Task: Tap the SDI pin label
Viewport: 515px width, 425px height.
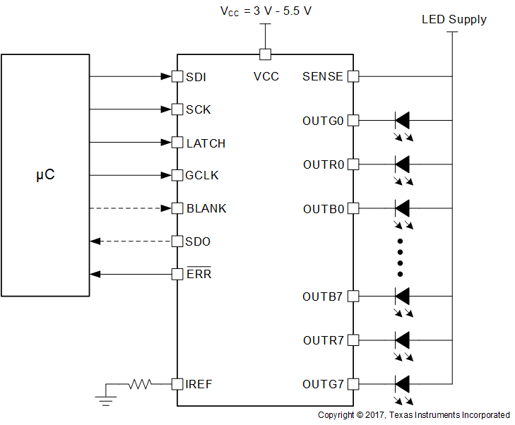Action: (x=196, y=76)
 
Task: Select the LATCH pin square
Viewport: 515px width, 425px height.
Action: (x=177, y=143)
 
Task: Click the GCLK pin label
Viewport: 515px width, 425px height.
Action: (x=201, y=176)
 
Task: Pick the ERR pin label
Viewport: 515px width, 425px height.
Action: (x=199, y=274)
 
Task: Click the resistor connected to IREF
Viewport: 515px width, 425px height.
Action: (x=140, y=384)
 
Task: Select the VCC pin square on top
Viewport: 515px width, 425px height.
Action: (x=265, y=54)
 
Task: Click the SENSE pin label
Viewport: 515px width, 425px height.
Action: (x=322, y=76)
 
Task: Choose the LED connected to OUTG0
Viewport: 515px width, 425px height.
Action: (x=402, y=120)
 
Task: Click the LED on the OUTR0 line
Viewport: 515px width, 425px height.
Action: (x=402, y=164)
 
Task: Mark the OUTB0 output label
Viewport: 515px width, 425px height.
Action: (x=323, y=209)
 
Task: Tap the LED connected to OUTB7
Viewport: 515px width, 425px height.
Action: (x=402, y=296)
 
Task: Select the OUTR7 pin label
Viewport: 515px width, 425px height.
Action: (x=323, y=340)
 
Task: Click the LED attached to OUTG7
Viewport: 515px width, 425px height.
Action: (x=402, y=384)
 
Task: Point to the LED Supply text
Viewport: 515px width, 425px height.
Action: (x=454, y=20)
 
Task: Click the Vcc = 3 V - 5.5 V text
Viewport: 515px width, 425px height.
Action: (x=265, y=11)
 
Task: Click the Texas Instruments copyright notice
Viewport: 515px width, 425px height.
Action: (x=413, y=415)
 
